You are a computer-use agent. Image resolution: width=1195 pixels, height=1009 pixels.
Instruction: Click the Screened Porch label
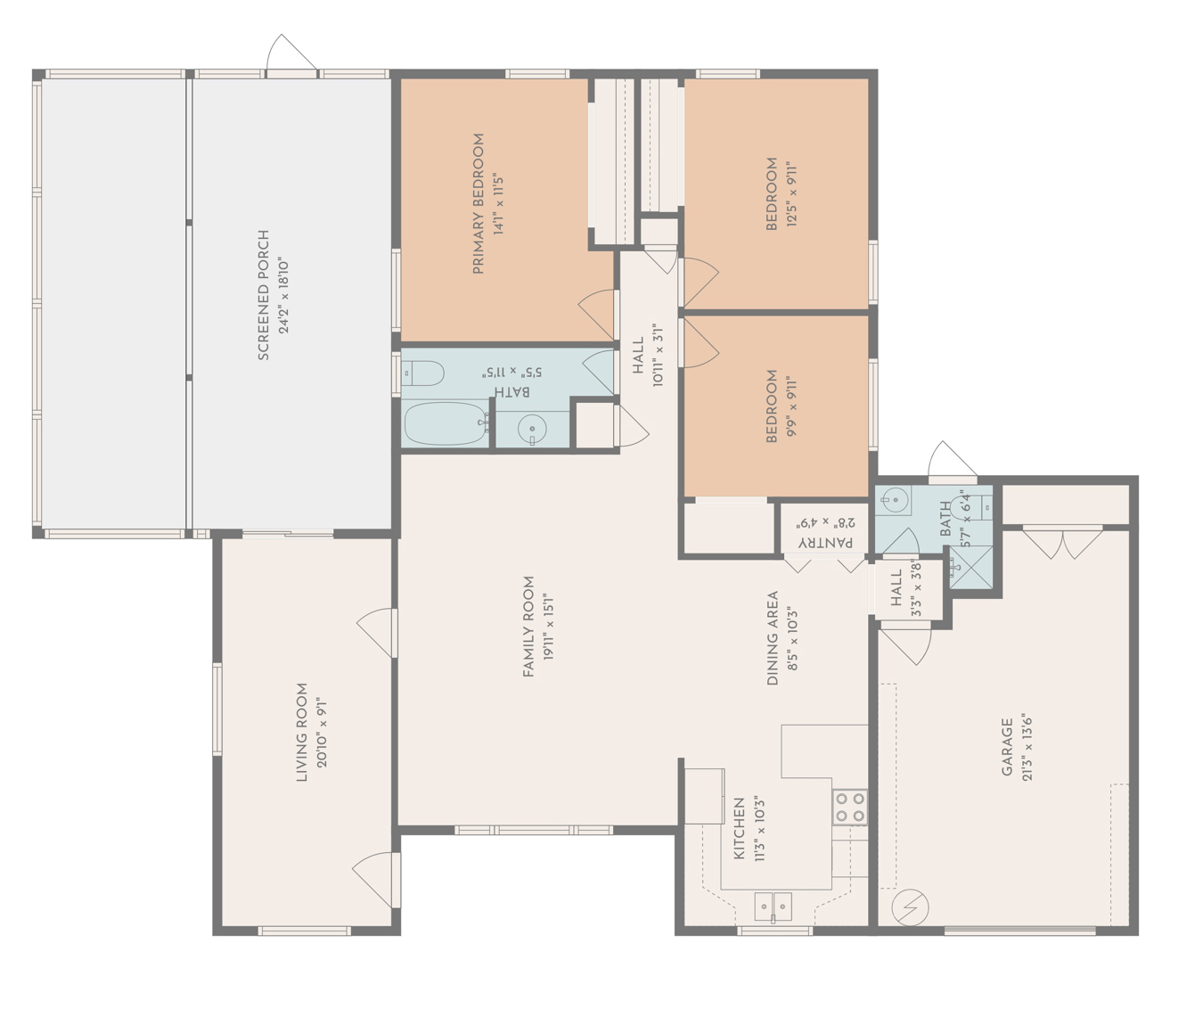pyautogui.click(x=264, y=295)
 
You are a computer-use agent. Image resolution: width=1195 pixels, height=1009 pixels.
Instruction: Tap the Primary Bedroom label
pyautogui.click(x=479, y=203)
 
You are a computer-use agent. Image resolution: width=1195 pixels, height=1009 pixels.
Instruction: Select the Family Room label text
pyautogui.click(x=528, y=626)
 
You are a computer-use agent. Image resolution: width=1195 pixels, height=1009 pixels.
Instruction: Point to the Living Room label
pyautogui.click(x=302, y=732)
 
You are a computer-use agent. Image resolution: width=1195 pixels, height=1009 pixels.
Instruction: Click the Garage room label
pyautogui.click(x=1007, y=747)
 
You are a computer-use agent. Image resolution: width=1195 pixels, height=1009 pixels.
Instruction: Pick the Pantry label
pyautogui.click(x=824, y=542)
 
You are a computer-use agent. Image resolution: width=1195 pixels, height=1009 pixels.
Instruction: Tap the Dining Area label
pyautogui.click(x=773, y=637)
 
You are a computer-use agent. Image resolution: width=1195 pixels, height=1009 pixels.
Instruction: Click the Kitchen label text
pyautogui.click(x=739, y=829)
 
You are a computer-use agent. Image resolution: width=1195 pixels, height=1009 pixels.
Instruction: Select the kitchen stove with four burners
pyautogui.click(x=849, y=808)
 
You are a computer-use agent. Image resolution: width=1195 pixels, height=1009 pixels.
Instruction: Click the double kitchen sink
pyautogui.click(x=773, y=906)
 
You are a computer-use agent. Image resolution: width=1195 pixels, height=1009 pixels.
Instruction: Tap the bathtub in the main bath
pyautogui.click(x=445, y=424)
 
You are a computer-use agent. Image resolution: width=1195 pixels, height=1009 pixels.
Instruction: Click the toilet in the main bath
pyautogui.click(x=424, y=373)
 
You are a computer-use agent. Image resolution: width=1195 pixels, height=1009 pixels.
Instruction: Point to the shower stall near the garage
pyautogui.click(x=970, y=567)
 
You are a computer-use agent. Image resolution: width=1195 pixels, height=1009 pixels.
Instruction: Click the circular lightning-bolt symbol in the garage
pyautogui.click(x=910, y=907)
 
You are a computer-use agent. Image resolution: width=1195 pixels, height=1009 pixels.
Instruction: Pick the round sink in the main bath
pyautogui.click(x=532, y=429)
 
